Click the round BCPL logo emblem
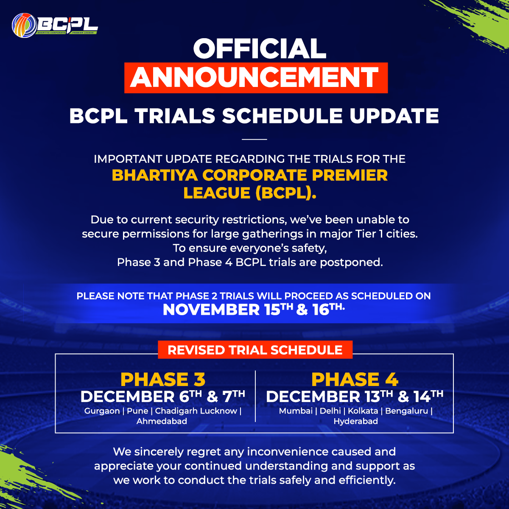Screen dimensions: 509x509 click(24, 25)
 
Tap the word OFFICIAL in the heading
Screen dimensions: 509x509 click(260, 49)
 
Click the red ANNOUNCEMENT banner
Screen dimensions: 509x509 click(256, 78)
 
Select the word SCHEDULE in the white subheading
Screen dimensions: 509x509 click(282, 116)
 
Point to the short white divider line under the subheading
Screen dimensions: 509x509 click(255, 139)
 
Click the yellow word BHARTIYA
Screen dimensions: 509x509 click(155, 175)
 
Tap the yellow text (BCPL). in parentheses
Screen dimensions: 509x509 click(286, 193)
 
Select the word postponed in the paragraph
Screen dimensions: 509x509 click(351, 263)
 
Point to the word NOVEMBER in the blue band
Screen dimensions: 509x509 click(211, 310)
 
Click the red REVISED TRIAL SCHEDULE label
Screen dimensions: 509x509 click(255, 350)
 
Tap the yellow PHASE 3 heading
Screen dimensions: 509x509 click(163, 380)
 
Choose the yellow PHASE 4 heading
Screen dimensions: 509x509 click(355, 380)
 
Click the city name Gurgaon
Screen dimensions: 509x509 click(102, 411)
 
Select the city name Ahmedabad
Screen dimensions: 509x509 click(162, 421)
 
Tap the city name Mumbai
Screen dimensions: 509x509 click(296, 411)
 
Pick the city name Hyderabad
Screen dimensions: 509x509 click(355, 421)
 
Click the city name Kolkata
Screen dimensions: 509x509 click(363, 411)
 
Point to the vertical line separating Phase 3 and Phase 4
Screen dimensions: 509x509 click(255, 396)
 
